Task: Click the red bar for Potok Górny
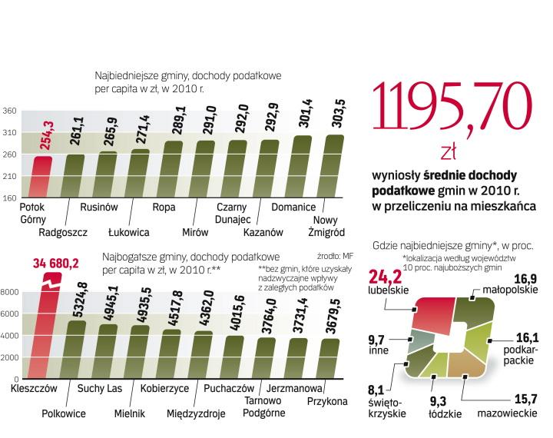tap(43, 177)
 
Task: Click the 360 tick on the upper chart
tap(10, 111)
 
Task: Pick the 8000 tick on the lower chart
tap(9, 292)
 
